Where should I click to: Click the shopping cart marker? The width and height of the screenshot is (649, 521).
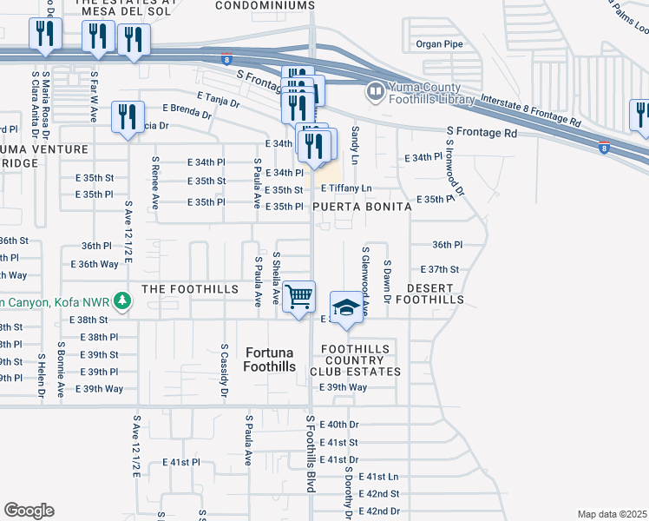(x=299, y=297)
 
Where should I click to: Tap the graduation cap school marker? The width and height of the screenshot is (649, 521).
(x=346, y=307)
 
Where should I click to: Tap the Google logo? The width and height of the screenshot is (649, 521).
(x=29, y=511)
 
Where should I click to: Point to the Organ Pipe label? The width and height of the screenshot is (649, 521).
(x=440, y=43)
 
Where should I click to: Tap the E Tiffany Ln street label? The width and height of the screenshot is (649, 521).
(x=346, y=188)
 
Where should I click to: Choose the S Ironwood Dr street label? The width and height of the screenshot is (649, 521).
(x=456, y=175)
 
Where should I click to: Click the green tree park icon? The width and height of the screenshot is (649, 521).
(x=123, y=301)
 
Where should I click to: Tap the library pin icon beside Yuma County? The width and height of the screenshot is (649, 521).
(x=375, y=90)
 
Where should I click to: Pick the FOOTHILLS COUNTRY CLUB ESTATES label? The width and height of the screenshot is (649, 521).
(x=361, y=360)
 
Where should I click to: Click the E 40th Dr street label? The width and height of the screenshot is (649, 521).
(x=339, y=425)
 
